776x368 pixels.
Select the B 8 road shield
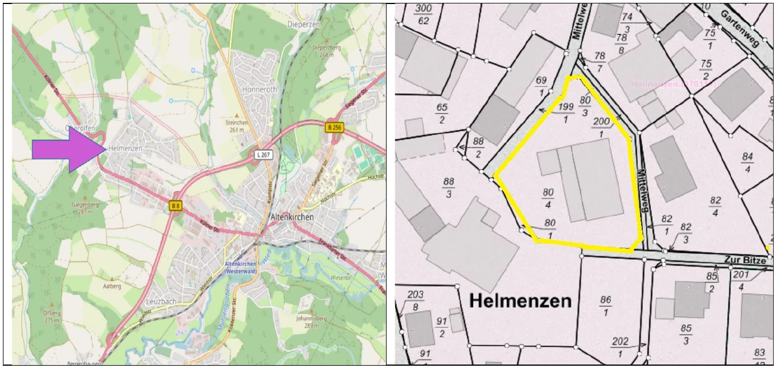point(176,205)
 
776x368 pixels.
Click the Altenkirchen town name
point(292,217)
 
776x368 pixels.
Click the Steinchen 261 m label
point(237,126)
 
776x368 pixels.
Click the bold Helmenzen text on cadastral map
point(520,300)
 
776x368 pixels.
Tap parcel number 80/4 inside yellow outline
point(548,198)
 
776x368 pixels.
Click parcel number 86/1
point(605,306)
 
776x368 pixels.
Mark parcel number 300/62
point(423,14)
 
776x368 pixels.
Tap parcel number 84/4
point(747,162)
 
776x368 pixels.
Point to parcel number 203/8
point(415,301)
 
